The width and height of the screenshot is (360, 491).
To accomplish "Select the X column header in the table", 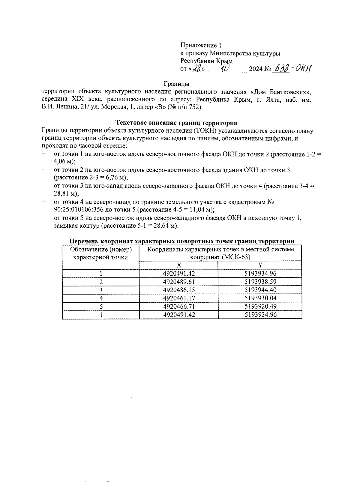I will click(x=178, y=265).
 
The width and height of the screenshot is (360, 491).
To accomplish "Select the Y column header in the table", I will click(x=260, y=265).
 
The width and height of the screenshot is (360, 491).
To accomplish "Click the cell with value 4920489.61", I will click(x=178, y=282).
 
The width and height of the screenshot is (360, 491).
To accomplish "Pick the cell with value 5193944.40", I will click(x=260, y=290).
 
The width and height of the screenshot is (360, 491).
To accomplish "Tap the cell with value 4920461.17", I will click(x=178, y=298).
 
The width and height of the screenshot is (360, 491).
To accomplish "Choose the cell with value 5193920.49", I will click(x=260, y=306).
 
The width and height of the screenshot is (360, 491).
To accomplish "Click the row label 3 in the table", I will click(x=101, y=290).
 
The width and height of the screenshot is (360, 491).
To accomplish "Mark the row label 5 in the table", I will click(x=101, y=306).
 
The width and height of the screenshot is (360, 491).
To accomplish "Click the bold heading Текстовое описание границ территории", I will click(x=177, y=123).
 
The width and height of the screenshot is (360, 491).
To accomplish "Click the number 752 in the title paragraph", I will click(x=195, y=107).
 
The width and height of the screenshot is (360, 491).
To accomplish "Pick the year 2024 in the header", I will click(x=256, y=69).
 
